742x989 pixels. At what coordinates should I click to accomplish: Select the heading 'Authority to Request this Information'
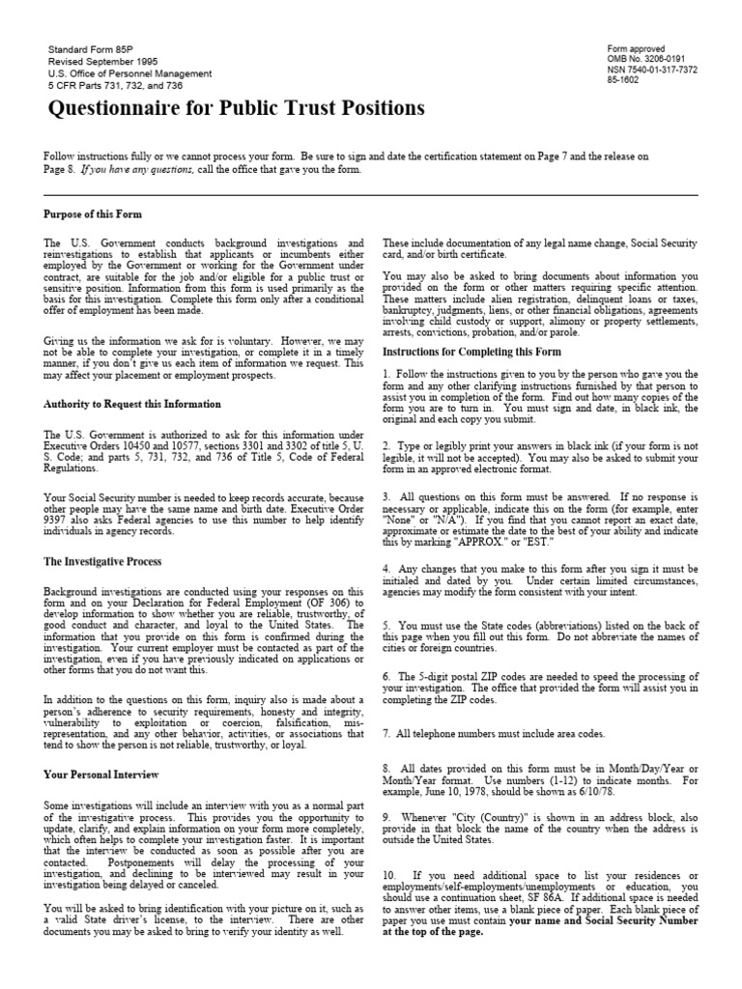(x=132, y=404)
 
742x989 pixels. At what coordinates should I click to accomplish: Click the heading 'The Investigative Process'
(x=102, y=561)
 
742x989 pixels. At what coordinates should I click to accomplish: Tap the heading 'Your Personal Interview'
(x=101, y=774)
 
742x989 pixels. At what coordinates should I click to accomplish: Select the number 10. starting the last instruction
(x=390, y=873)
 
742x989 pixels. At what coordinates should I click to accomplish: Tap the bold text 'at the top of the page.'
(x=433, y=933)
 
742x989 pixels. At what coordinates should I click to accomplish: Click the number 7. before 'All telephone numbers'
(x=387, y=734)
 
